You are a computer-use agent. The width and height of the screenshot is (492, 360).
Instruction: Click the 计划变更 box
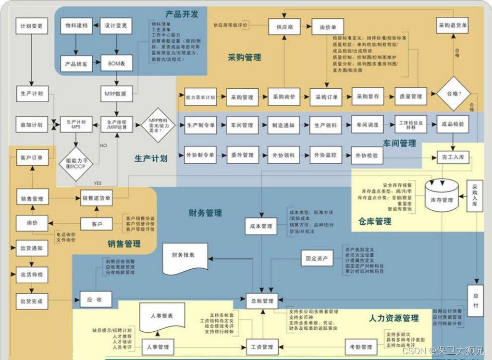32,26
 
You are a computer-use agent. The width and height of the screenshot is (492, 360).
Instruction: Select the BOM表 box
116,63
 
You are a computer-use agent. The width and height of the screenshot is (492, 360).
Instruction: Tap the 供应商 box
284,27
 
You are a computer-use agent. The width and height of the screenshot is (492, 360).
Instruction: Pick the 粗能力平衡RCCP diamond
75,164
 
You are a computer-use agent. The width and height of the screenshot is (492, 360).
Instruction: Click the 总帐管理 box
262,301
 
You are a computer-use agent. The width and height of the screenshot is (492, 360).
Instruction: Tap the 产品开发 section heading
182,14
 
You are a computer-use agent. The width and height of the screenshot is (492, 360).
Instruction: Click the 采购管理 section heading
245,58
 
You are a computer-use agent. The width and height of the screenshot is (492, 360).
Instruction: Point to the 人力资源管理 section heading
394,318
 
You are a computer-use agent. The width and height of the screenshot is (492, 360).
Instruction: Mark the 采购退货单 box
453,25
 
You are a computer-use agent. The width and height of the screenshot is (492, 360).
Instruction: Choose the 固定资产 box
317,258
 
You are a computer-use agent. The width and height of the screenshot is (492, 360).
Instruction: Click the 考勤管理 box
360,347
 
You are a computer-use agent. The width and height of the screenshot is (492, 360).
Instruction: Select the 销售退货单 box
97,197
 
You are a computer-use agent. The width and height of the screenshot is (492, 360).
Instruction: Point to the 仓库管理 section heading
375,221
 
